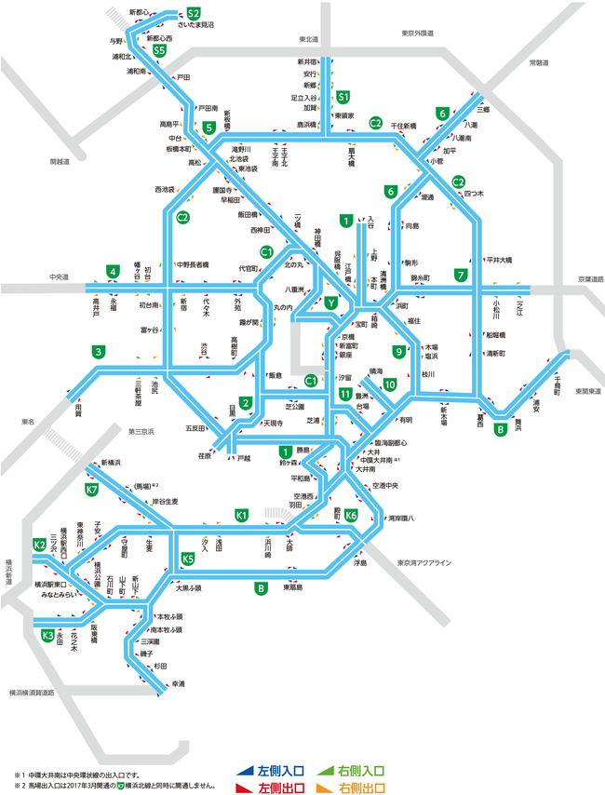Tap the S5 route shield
(x=161, y=51)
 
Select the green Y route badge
(x=330, y=303)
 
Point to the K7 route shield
(x=92, y=490)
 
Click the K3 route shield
(x=48, y=636)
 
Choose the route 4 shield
(x=113, y=272)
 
